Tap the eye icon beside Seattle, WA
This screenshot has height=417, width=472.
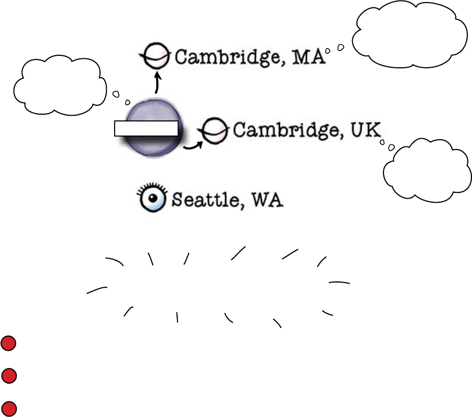point(152,198)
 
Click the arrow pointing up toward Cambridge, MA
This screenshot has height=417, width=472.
point(156,83)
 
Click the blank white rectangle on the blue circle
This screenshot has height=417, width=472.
point(146,128)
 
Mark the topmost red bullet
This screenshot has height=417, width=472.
point(8,344)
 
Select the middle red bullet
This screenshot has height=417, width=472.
point(8,376)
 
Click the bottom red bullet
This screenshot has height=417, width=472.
point(8,408)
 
